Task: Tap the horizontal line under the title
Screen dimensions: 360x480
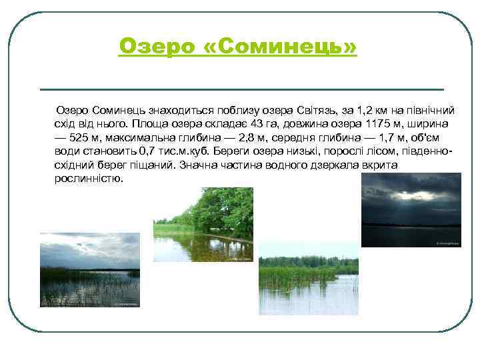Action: pos(242,89)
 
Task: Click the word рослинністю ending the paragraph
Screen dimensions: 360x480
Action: pos(89,179)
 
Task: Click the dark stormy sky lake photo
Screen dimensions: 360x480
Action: pos(411,210)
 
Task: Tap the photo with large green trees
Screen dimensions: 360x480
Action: pos(203,224)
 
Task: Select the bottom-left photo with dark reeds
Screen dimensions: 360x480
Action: pos(90,269)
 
